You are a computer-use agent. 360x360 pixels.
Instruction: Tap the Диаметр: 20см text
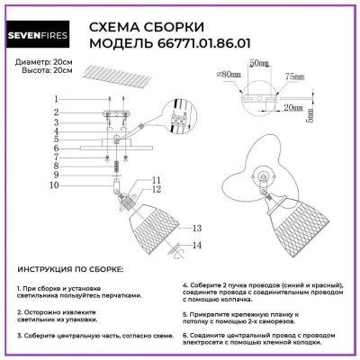point(42,60)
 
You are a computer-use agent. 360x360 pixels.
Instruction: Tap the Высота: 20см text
point(40,70)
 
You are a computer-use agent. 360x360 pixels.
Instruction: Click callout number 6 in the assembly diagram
point(56,147)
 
